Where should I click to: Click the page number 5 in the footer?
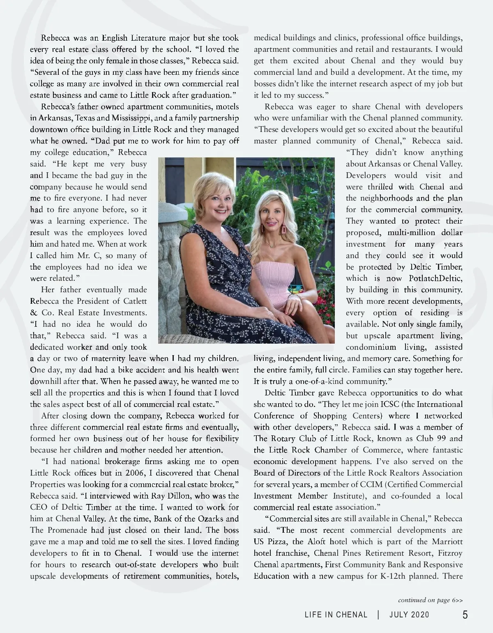pyautogui.click(x=465, y=615)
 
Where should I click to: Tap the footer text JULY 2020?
pyautogui.click(x=409, y=615)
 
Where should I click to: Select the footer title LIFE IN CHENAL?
pyautogui.click(x=336, y=615)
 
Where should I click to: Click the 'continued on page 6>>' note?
pyautogui.click(x=430, y=600)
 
